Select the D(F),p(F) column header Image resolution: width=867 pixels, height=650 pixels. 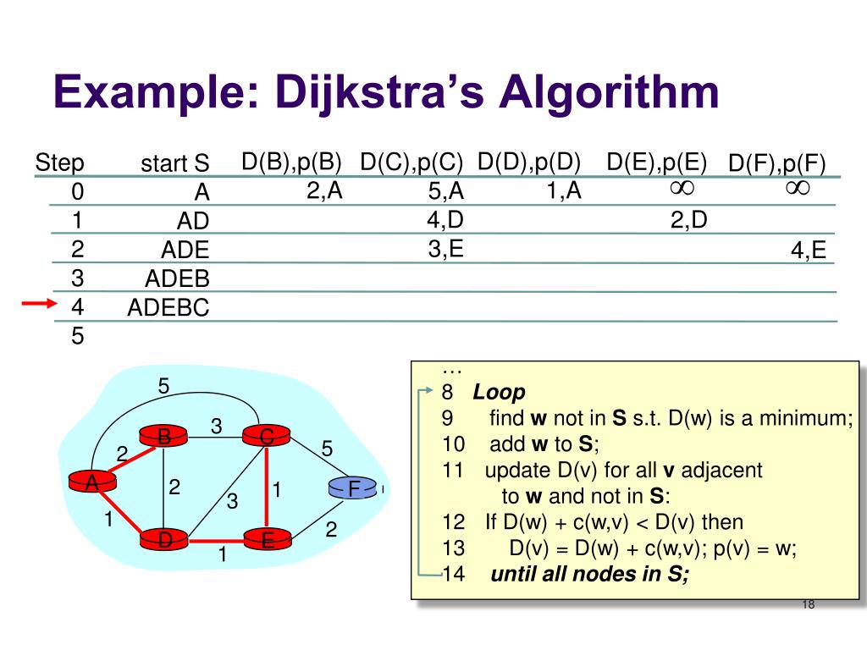click(x=776, y=162)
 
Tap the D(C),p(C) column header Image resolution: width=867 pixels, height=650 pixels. click(x=411, y=162)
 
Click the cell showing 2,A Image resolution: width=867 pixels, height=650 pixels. click(x=324, y=191)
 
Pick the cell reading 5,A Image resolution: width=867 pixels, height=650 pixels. click(x=445, y=193)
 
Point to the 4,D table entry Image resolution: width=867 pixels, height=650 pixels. click(x=445, y=221)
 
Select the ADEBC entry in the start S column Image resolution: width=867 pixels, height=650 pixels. click(x=168, y=307)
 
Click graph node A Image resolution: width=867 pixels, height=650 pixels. click(x=91, y=483)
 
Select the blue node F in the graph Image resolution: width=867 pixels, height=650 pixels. click(x=354, y=488)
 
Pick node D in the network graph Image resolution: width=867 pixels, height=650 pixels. click(x=164, y=539)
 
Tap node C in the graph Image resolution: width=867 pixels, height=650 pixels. click(x=266, y=437)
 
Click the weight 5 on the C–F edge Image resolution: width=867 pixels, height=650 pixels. click(x=328, y=449)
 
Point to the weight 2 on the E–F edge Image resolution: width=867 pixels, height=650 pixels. click(x=331, y=530)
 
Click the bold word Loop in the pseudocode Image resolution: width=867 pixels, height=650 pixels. click(x=499, y=393)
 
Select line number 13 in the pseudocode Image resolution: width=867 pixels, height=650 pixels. click(x=453, y=548)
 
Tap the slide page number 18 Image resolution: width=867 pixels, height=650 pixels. click(x=807, y=604)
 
